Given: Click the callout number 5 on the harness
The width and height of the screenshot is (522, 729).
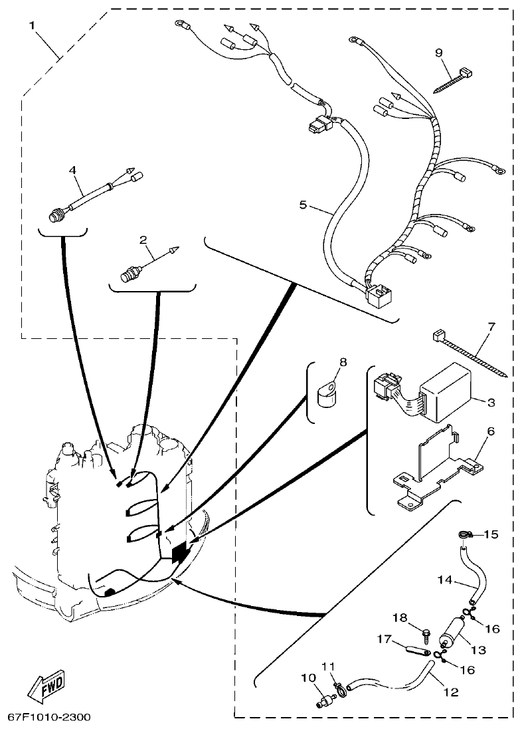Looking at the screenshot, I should [303, 205].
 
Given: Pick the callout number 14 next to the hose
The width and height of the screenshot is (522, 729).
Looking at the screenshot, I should [445, 579].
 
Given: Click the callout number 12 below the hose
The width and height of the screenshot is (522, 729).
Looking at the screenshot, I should [451, 692].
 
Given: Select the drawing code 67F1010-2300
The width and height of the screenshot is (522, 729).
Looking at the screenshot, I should [49, 718].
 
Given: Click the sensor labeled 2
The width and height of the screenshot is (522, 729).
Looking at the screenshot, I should [131, 272].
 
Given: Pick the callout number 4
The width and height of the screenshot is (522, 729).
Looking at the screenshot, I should [73, 171].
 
